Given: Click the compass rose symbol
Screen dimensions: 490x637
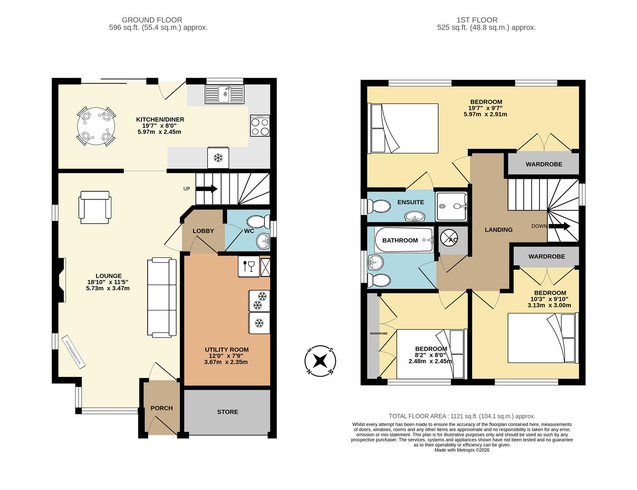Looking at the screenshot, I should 320,361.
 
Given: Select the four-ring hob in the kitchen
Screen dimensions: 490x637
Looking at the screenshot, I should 260,126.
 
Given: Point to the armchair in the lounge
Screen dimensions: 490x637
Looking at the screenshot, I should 95,207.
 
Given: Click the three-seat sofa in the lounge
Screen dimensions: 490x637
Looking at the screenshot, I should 161,298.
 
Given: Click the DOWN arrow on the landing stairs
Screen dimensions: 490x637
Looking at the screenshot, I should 559,226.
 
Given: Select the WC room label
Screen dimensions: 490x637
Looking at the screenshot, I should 249,231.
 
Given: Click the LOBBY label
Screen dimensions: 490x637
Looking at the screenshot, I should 203,231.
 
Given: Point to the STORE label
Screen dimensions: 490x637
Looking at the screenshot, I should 228,412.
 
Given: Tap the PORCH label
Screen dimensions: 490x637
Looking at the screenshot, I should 161,408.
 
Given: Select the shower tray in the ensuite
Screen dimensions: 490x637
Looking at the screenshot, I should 451,206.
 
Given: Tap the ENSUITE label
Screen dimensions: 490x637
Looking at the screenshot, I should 410,202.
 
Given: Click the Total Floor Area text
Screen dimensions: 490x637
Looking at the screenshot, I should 462,416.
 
